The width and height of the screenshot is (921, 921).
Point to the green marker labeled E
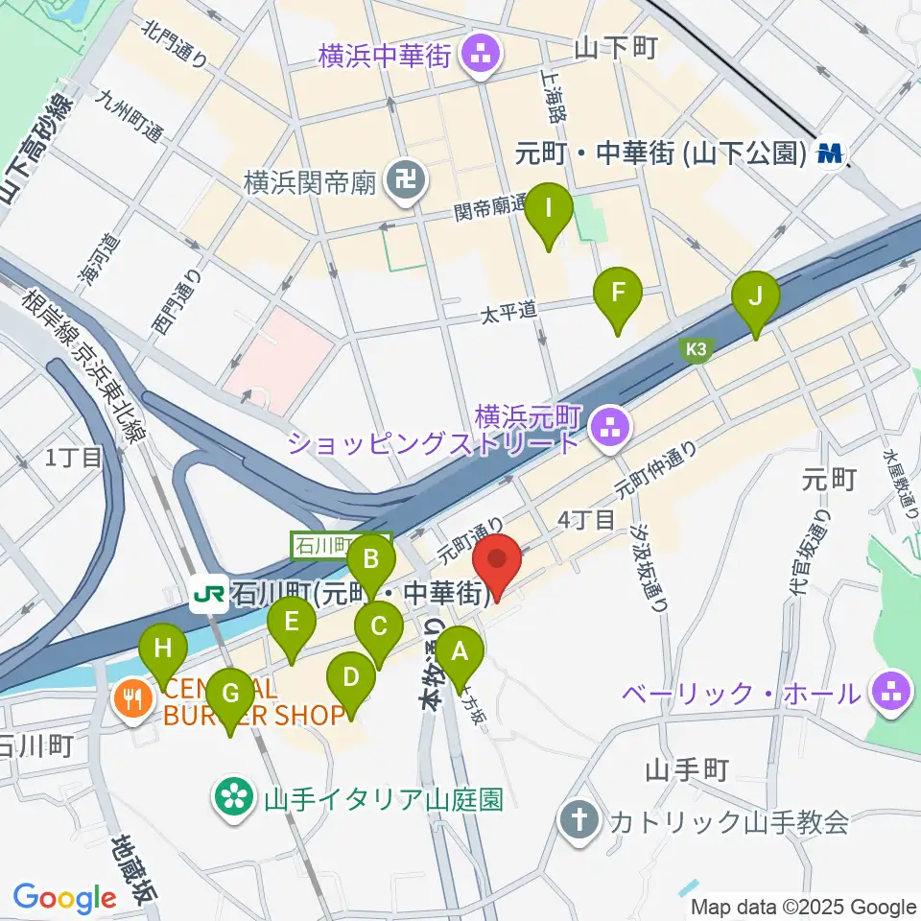coord(294,623)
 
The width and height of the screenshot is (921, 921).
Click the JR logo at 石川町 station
coord(208,596)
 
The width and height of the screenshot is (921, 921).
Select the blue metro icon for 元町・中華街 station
coord(831,152)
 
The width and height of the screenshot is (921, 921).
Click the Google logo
coord(65,898)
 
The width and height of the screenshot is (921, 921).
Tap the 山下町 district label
coord(615,48)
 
